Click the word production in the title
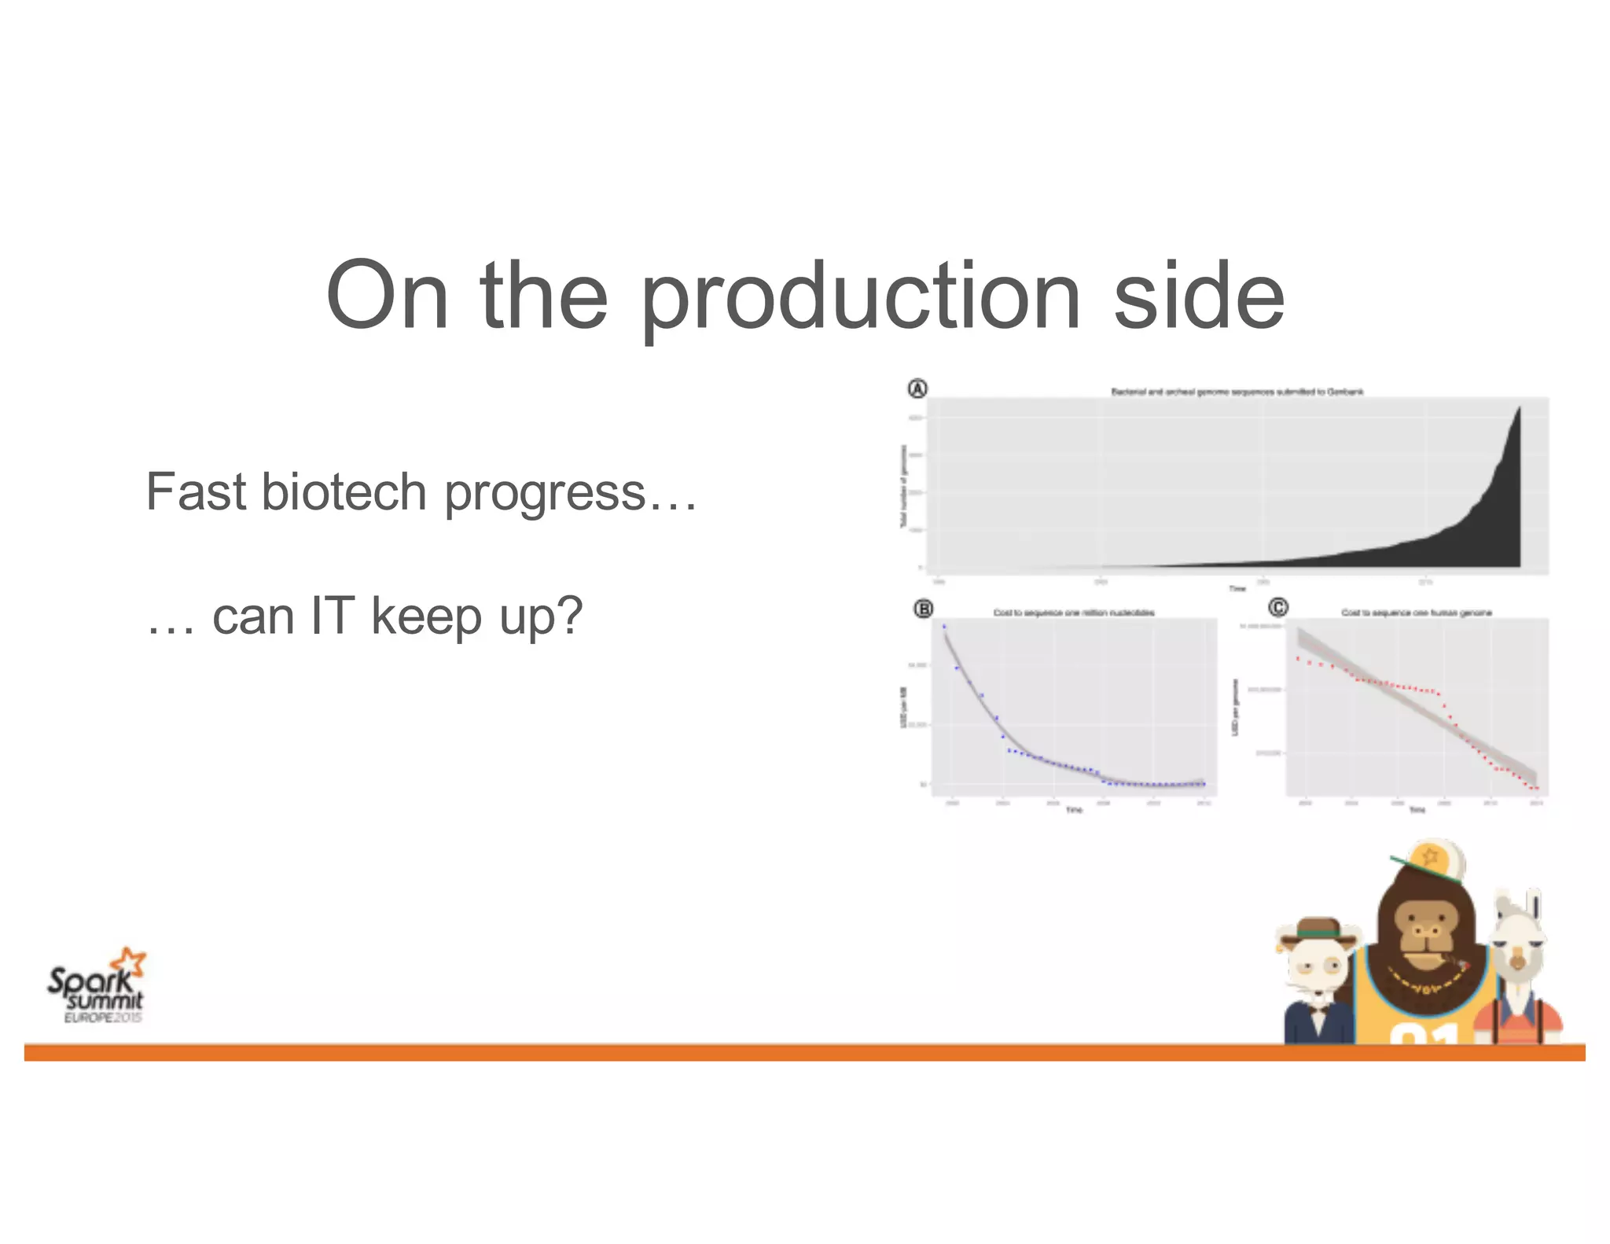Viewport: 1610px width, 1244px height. (x=861, y=297)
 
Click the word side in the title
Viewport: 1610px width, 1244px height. (x=1198, y=297)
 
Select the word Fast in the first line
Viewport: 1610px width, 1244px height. (x=196, y=492)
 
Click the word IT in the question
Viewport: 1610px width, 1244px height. (x=333, y=616)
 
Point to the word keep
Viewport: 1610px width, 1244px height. (x=426, y=617)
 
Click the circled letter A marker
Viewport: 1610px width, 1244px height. (x=917, y=388)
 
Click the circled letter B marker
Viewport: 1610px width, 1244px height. (x=923, y=609)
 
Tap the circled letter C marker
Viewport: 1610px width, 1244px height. (x=1278, y=607)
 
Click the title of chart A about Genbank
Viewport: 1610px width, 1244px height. (x=1237, y=391)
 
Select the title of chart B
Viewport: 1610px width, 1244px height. (x=1073, y=613)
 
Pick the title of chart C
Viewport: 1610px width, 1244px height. (x=1416, y=613)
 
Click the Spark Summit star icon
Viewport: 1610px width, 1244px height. (x=130, y=962)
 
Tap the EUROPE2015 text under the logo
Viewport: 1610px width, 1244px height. (x=103, y=1018)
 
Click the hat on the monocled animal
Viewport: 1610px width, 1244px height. (x=1319, y=929)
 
